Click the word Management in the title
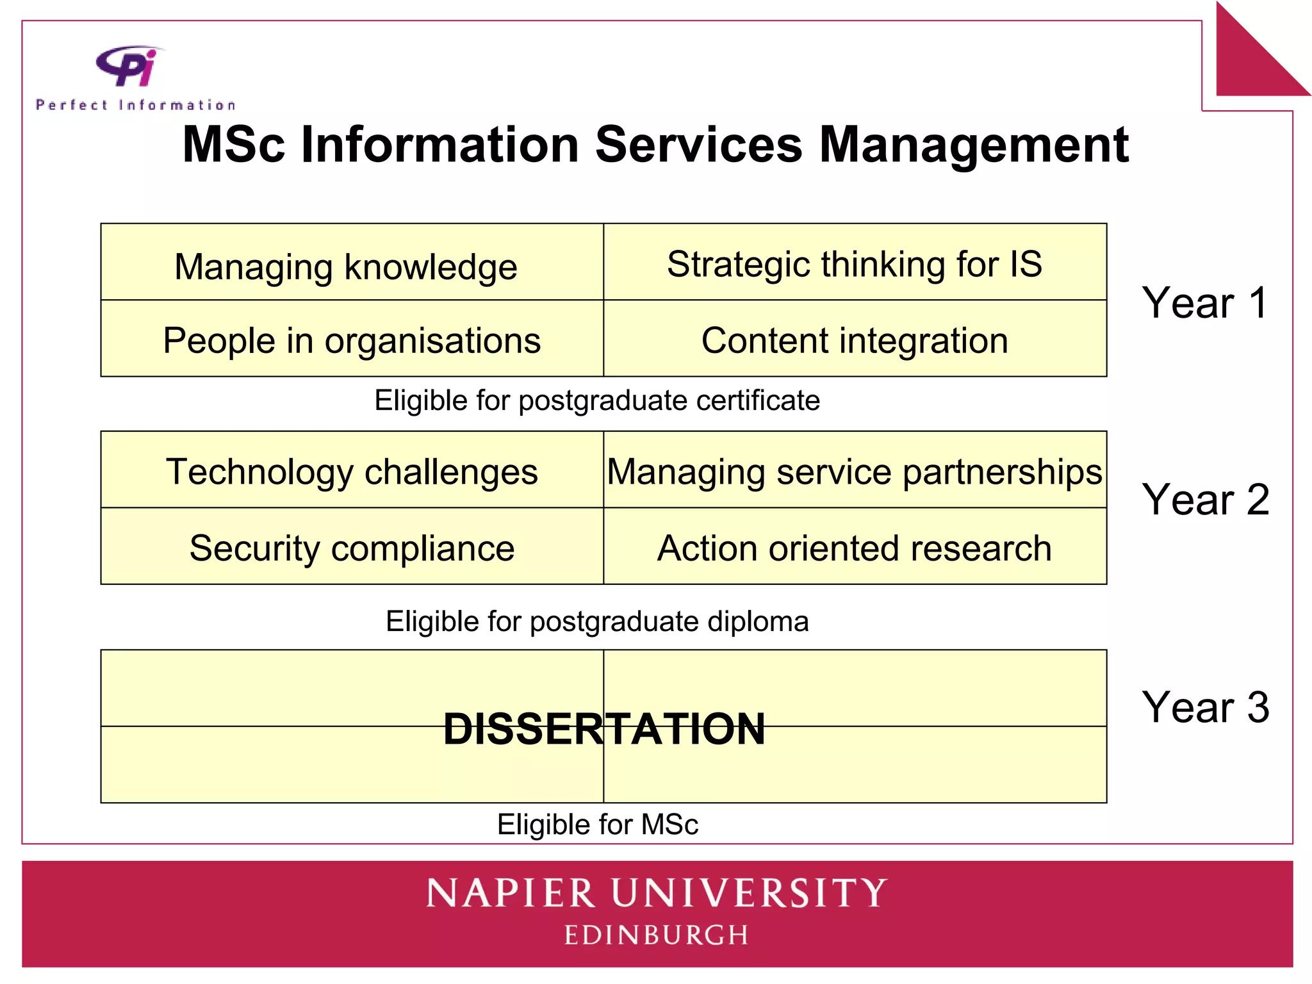coord(973,145)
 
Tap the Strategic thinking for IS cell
coord(855,264)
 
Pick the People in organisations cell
coord(352,340)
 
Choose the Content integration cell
coord(855,340)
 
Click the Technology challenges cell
coord(352,472)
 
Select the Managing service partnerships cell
coord(855,472)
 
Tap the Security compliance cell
coord(352,548)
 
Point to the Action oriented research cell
coord(855,548)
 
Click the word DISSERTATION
coord(604,729)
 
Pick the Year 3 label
coord(1204,707)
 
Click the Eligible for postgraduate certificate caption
coord(597,400)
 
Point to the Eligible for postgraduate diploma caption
coord(597,621)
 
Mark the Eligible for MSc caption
coord(597,824)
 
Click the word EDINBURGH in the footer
coord(656,935)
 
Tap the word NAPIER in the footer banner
coord(511,893)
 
